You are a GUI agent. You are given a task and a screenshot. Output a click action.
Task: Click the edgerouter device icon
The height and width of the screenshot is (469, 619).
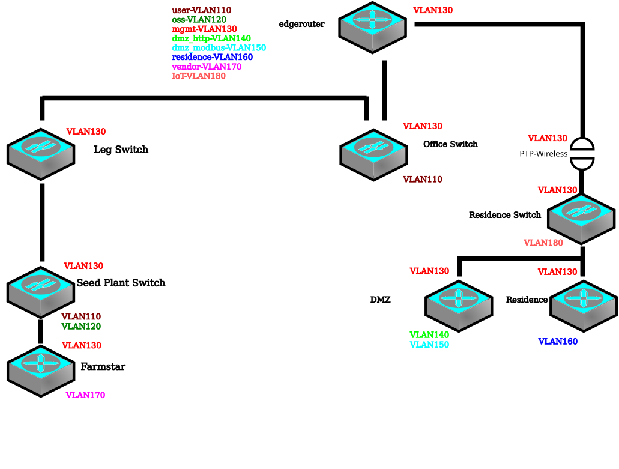(x=372, y=27)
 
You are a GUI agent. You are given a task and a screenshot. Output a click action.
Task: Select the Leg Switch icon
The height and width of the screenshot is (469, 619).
(x=41, y=154)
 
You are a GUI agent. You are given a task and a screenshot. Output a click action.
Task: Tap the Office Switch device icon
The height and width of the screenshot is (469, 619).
(x=374, y=155)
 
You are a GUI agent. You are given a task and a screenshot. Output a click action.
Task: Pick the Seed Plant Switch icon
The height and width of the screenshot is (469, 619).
(x=41, y=292)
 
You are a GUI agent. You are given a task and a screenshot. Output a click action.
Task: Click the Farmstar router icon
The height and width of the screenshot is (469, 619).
(x=41, y=371)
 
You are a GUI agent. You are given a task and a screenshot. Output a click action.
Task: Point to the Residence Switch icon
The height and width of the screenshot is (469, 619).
(x=581, y=219)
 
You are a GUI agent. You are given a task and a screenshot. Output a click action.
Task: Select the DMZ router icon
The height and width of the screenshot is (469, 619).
(x=459, y=306)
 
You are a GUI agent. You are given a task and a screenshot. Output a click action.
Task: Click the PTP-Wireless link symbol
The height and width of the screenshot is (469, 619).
(x=582, y=154)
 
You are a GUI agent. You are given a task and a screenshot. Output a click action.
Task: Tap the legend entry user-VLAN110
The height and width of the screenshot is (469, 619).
(x=202, y=10)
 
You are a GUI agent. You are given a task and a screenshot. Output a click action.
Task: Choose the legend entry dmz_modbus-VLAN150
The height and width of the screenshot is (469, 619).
(x=219, y=48)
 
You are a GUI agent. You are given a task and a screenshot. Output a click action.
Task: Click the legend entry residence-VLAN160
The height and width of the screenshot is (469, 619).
(x=213, y=57)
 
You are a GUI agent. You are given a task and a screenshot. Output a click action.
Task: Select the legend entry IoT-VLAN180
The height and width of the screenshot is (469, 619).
(x=199, y=76)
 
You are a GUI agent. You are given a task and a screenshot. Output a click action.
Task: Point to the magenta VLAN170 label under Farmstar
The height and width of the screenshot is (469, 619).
(x=85, y=395)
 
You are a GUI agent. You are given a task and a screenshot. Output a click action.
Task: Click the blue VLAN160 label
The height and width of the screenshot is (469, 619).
(x=558, y=342)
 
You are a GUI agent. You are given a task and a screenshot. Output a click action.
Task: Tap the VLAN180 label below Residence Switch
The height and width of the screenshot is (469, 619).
(x=543, y=243)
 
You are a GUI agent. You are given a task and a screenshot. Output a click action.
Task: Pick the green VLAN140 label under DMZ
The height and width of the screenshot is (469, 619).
(x=429, y=334)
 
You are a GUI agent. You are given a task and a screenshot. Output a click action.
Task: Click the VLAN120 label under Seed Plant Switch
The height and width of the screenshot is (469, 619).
(x=81, y=327)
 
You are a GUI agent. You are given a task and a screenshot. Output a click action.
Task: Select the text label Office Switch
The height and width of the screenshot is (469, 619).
(x=450, y=144)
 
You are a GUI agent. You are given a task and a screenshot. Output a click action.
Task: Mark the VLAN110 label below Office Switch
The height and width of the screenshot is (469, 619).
(x=423, y=179)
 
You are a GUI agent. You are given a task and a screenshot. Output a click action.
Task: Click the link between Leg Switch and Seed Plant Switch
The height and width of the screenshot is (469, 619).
(x=42, y=222)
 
